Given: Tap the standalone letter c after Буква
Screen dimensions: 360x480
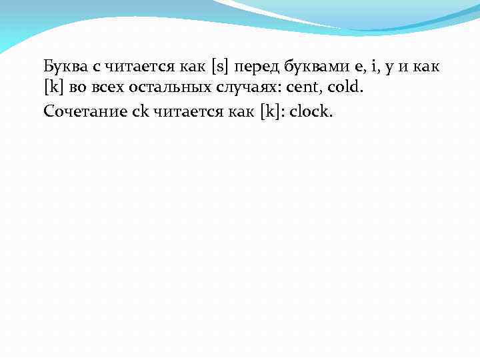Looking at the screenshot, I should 94,67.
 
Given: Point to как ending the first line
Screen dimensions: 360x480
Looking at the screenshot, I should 425,67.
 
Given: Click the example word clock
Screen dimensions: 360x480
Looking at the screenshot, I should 310,111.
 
